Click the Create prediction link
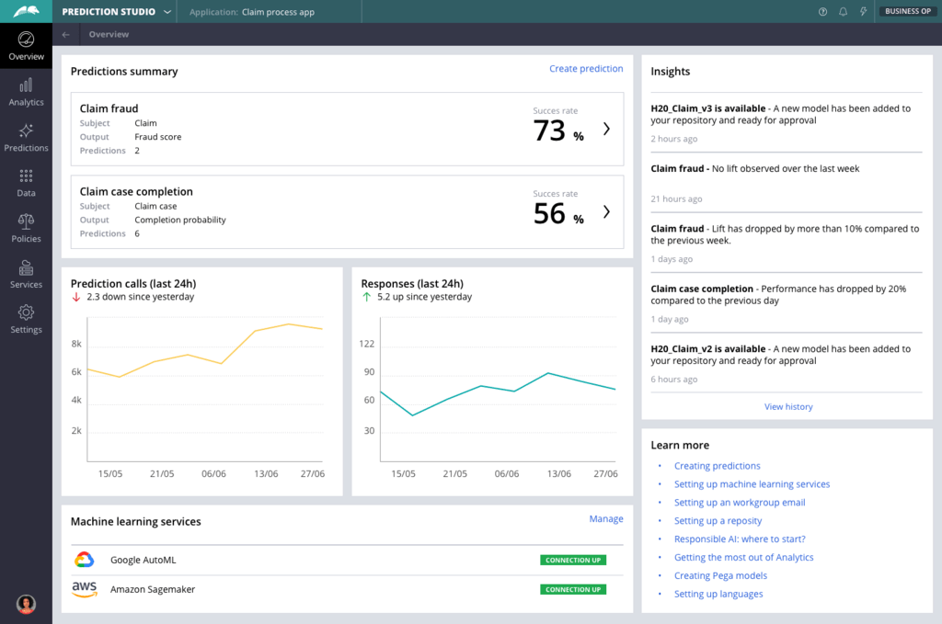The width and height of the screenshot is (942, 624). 586,69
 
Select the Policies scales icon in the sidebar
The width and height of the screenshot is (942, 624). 26,221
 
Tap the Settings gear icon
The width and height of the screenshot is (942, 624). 26,312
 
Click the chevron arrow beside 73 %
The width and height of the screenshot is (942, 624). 606,130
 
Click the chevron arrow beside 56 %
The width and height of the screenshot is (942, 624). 606,212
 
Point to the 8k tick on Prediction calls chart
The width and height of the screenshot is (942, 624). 77,344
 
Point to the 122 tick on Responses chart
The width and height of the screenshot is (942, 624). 367,344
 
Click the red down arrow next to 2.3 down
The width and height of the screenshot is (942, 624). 76,297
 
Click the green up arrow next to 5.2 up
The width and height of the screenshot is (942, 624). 367,297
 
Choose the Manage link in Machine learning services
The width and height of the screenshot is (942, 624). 606,519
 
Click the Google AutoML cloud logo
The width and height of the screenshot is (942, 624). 85,560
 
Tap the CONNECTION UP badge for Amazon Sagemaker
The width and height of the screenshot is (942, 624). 572,589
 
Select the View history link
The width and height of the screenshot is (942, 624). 788,406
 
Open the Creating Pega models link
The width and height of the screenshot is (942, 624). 720,575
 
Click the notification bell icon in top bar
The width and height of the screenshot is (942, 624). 843,12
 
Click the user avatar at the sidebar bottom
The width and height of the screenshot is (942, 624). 26,604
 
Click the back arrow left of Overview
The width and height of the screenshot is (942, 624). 65,35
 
